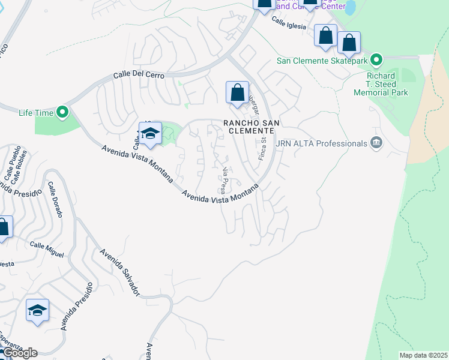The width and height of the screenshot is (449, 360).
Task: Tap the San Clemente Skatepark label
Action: [322, 61]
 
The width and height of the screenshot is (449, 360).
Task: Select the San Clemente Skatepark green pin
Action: [376, 60]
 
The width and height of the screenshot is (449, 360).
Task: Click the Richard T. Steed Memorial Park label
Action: [381, 84]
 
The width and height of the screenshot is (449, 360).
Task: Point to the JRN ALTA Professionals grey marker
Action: [376, 143]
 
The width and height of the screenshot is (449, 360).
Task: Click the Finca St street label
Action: [263, 148]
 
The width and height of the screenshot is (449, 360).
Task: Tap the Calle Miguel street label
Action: [47, 249]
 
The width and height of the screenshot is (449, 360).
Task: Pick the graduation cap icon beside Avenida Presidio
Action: [37, 310]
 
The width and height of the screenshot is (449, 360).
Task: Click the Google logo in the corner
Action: [19, 353]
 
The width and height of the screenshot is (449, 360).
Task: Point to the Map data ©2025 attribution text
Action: [423, 355]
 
